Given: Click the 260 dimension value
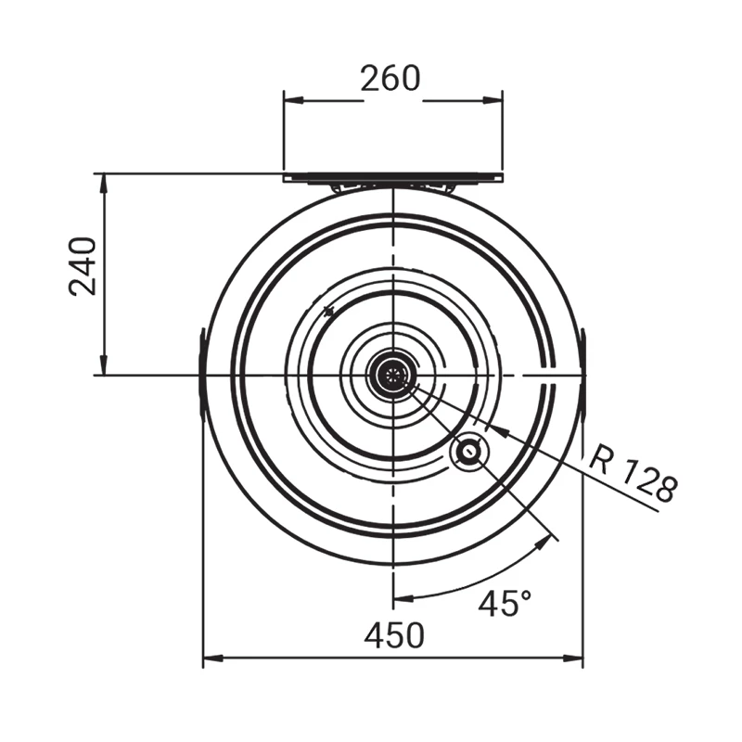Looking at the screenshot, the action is pyautogui.click(x=390, y=79).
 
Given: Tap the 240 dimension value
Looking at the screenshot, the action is pyautogui.click(x=83, y=266).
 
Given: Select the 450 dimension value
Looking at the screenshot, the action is pyautogui.click(x=394, y=635).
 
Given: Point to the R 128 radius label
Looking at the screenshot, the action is pyautogui.click(x=633, y=476).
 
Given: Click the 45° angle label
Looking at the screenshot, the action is pyautogui.click(x=505, y=603).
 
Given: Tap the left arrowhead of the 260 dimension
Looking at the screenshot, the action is pyautogui.click(x=293, y=100).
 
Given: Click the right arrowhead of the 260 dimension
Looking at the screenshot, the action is pyautogui.click(x=493, y=100).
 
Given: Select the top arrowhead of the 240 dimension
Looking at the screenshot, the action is pyautogui.click(x=104, y=184).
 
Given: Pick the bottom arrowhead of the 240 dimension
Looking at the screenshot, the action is pyautogui.click(x=104, y=365).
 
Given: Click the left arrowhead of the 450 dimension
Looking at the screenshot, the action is pyautogui.click(x=213, y=659).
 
